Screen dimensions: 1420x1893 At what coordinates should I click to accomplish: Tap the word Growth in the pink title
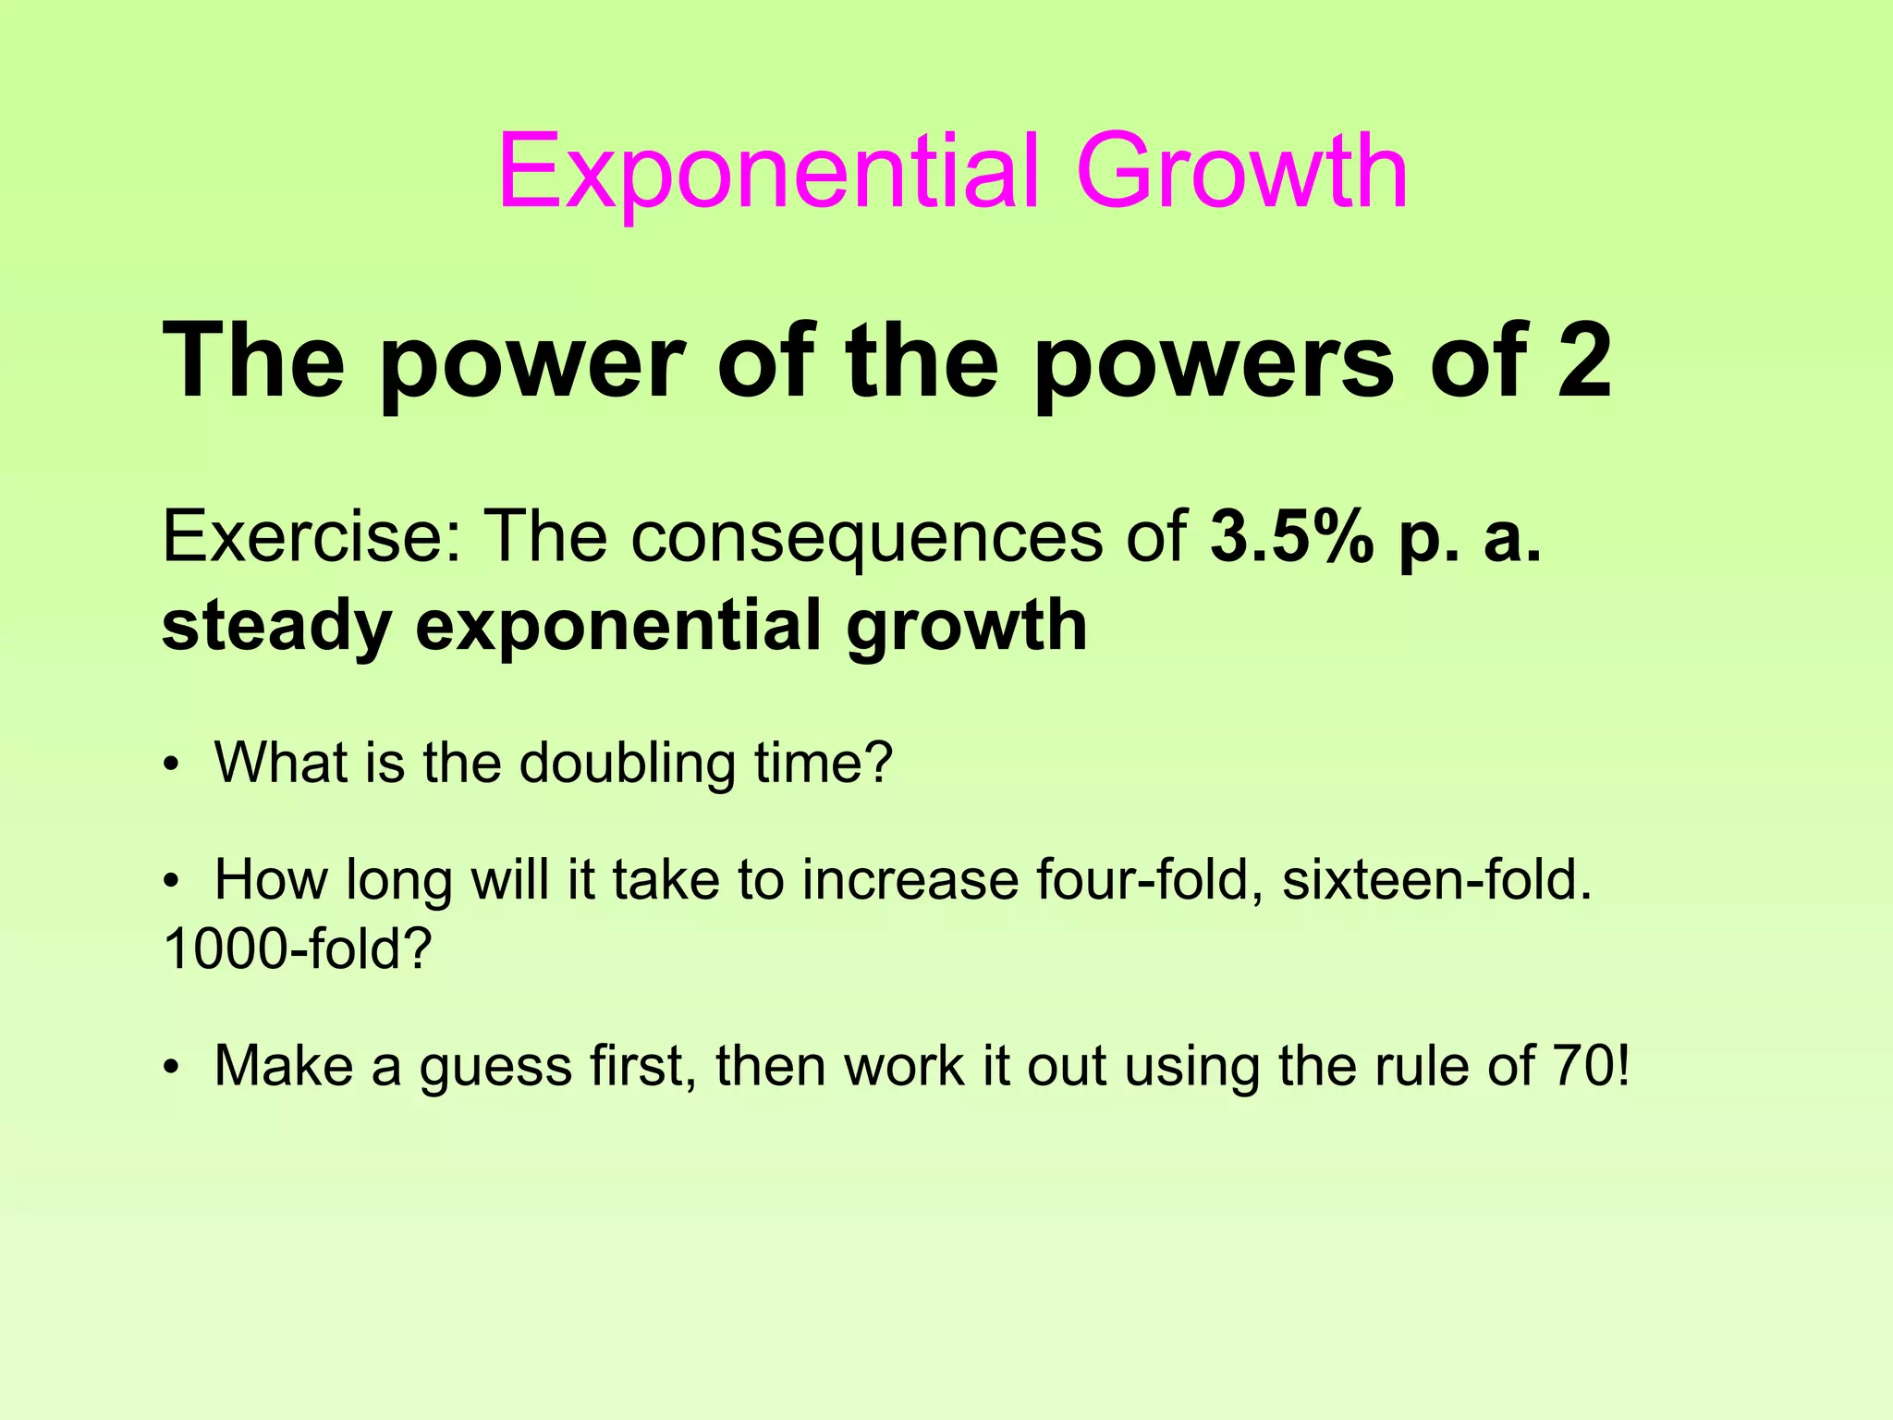point(1241,172)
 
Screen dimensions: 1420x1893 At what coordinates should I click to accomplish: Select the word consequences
point(867,538)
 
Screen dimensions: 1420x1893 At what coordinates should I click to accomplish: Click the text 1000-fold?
point(298,949)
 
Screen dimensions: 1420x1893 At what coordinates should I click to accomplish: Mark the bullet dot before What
point(169,766)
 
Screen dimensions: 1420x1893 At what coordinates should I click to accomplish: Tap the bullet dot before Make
point(169,1069)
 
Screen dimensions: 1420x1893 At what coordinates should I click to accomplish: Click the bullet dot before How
point(169,882)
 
